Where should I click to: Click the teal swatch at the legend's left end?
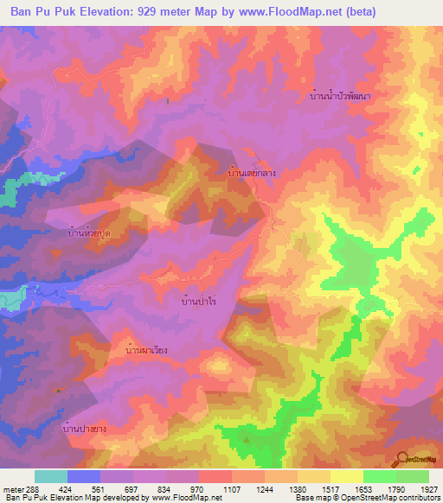click(x=50, y=476)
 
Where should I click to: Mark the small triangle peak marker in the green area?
click(x=247, y=439)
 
